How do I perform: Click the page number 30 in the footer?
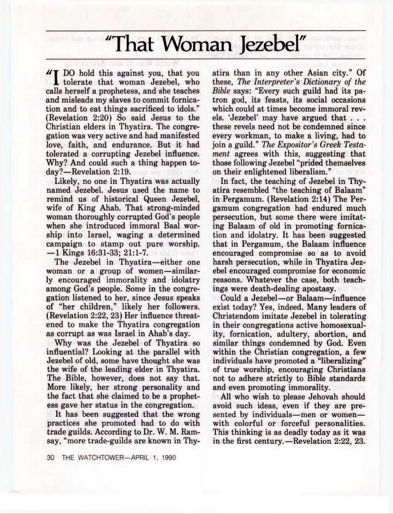(50, 465)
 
